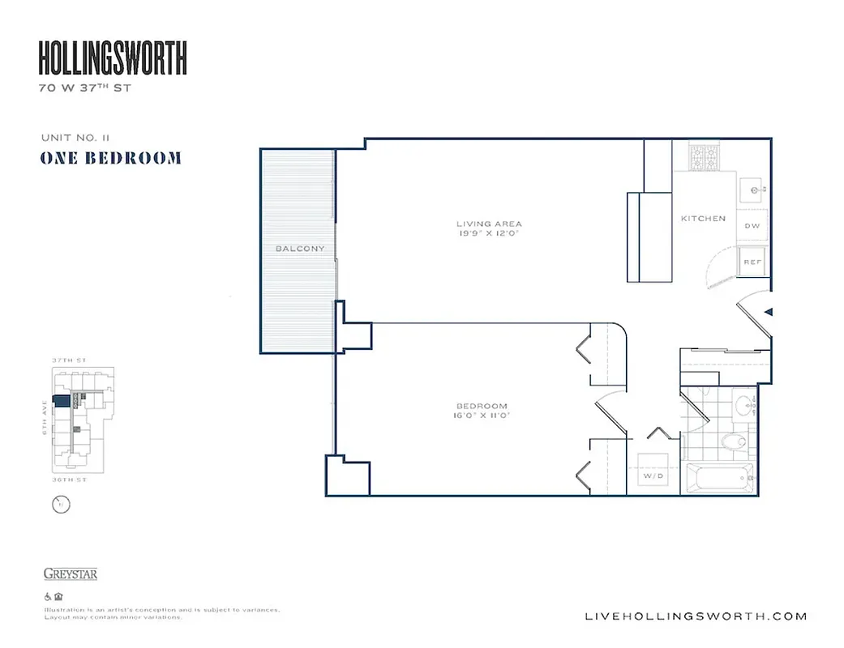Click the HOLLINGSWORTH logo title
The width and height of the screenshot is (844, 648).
point(113,58)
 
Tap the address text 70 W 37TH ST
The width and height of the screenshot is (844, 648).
point(84,88)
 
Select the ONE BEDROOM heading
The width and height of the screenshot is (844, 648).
point(110,158)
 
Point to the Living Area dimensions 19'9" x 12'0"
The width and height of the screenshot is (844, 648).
point(488,233)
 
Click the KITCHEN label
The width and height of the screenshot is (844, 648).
point(703,219)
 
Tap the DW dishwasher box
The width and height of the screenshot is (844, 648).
point(752,226)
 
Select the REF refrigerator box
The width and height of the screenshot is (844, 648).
point(752,262)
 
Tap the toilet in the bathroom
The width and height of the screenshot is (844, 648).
point(734,441)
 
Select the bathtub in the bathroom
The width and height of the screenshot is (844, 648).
point(719,477)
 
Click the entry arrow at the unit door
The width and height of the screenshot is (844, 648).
point(769,311)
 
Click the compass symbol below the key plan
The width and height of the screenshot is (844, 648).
point(59,506)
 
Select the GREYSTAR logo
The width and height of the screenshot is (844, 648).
point(70,574)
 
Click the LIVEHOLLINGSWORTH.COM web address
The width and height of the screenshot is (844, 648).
point(696,616)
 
